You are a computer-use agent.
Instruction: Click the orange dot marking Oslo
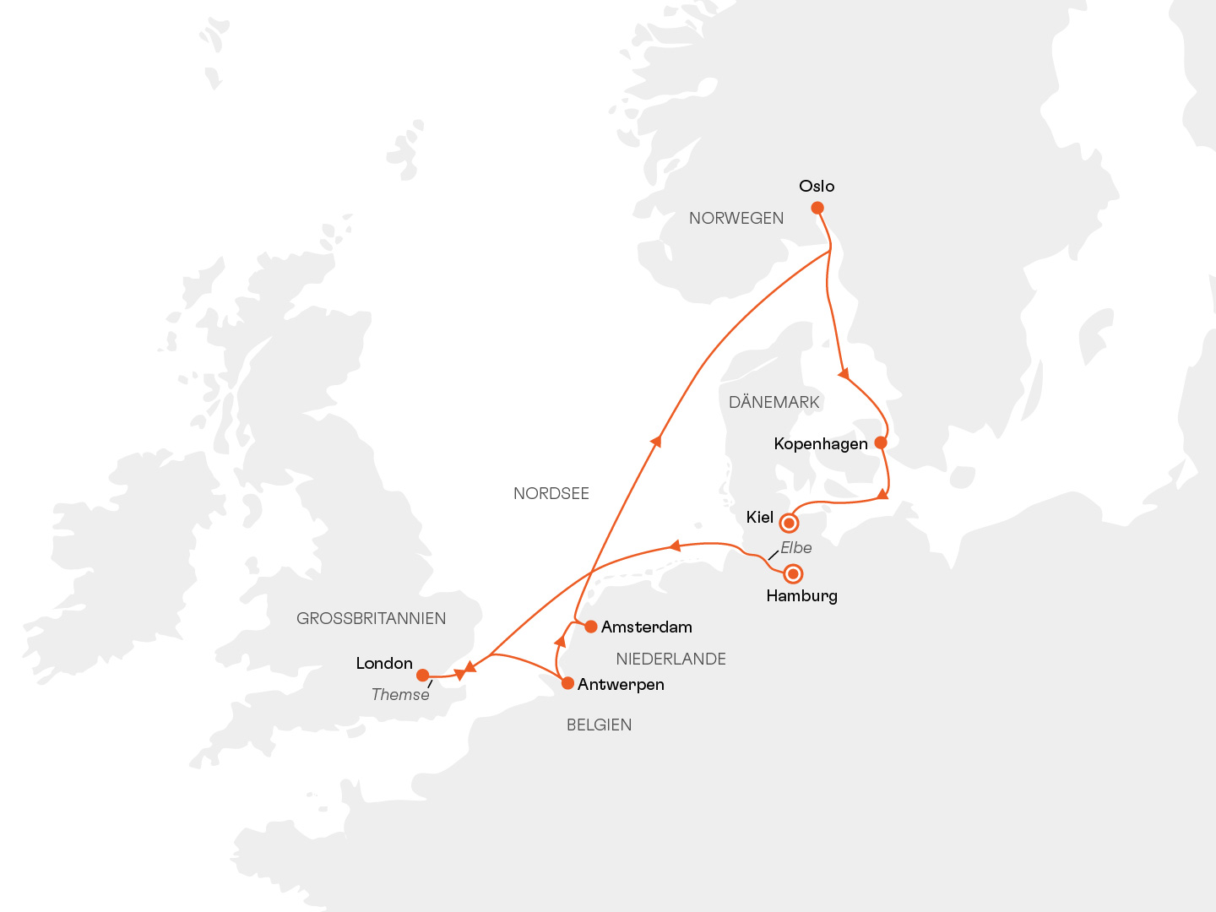[x=817, y=208]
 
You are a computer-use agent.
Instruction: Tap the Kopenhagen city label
[x=820, y=444]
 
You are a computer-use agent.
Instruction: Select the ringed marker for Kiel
[x=789, y=523]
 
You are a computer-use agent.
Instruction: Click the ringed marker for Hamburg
[x=793, y=574]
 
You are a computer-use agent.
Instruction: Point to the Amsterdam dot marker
[x=591, y=627]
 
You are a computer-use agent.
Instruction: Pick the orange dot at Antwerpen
[x=567, y=683]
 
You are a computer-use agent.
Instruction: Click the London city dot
[x=422, y=675]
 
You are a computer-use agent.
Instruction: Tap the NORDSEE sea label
[x=551, y=494]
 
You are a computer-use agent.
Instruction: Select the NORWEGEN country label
[x=736, y=219]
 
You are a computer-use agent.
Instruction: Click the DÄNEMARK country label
[x=774, y=403]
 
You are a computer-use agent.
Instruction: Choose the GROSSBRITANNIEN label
[x=371, y=619]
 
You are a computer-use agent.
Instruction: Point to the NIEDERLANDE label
[x=670, y=660]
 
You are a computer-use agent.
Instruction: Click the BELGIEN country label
[x=599, y=725]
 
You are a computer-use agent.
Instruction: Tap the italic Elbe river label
[x=795, y=548]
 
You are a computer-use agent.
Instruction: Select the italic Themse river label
[x=400, y=695]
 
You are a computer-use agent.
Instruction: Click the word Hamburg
[x=801, y=596]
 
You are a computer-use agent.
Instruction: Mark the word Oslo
[x=817, y=187]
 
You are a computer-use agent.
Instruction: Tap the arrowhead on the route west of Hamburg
[x=675, y=546]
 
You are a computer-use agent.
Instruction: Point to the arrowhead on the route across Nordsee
[x=656, y=441]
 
